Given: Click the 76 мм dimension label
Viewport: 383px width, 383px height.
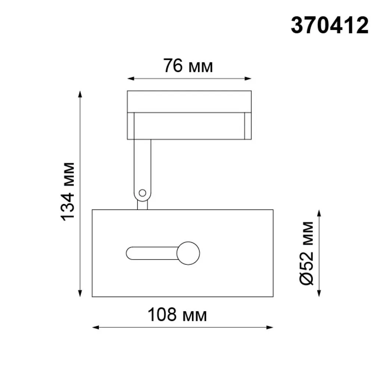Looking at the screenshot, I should [x=188, y=66].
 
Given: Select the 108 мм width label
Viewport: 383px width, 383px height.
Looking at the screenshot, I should [x=177, y=315].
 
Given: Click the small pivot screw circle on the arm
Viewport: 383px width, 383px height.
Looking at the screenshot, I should [x=142, y=193].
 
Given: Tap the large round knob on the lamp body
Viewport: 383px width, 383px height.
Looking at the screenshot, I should [x=189, y=253].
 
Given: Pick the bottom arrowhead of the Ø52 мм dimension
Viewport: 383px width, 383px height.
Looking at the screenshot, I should [x=319, y=294].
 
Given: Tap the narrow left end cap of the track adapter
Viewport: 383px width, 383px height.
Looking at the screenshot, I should [x=131, y=126].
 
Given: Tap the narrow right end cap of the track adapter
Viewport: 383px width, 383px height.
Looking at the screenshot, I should [x=248, y=126].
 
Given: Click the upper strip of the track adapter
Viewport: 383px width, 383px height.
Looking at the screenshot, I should [x=189, y=101].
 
